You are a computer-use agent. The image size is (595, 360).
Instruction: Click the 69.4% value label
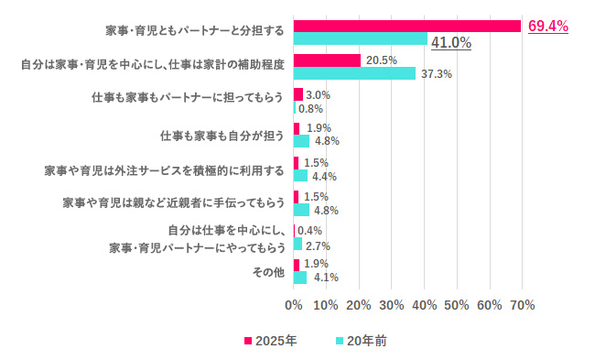click(547, 27)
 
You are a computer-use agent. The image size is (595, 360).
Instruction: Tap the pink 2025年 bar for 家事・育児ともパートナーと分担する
click(406, 27)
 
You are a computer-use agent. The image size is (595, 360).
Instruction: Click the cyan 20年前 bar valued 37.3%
click(354, 73)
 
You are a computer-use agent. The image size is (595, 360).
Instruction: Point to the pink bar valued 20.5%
click(327, 60)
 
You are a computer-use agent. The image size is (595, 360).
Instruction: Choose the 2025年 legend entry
click(270, 340)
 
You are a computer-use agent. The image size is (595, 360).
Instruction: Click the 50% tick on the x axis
click(457, 303)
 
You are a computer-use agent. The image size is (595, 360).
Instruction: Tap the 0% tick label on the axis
click(294, 303)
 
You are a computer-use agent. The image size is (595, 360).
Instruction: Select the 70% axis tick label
click(522, 303)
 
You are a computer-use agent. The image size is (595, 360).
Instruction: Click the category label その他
click(268, 272)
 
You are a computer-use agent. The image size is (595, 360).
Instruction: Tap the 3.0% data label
click(318, 94)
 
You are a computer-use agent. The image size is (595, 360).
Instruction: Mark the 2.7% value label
click(318, 245)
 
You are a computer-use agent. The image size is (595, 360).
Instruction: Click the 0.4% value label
click(310, 231)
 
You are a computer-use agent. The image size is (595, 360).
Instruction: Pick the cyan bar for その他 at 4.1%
click(300, 278)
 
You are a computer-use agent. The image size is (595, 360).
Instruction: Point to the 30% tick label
click(392, 303)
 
